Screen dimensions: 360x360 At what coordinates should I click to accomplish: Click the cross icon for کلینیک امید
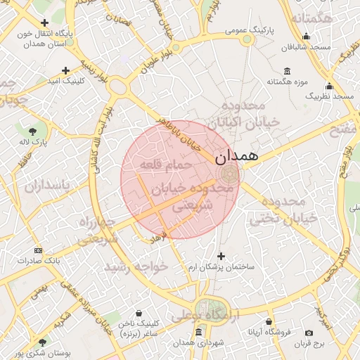pyautogui.click(x=65, y=70)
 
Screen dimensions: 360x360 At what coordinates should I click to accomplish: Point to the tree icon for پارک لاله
pyautogui.click(x=33, y=131)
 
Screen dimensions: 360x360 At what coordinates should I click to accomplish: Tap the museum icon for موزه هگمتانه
pyautogui.click(x=287, y=71)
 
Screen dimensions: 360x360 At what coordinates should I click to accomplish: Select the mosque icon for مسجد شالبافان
pyautogui.click(x=305, y=37)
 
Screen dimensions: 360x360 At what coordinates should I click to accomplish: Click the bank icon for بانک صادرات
pyautogui.click(x=38, y=250)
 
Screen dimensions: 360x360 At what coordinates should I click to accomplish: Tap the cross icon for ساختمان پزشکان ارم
pyautogui.click(x=221, y=257)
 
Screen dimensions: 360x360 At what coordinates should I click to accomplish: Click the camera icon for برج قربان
pyautogui.click(x=309, y=333)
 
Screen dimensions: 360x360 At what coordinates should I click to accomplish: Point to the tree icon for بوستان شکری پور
pyautogui.click(x=43, y=342)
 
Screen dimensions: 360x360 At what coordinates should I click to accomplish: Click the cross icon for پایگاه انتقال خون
pyautogui.click(x=45, y=22)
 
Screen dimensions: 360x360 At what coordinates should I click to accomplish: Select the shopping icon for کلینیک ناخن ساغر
pyautogui.click(x=140, y=313)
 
